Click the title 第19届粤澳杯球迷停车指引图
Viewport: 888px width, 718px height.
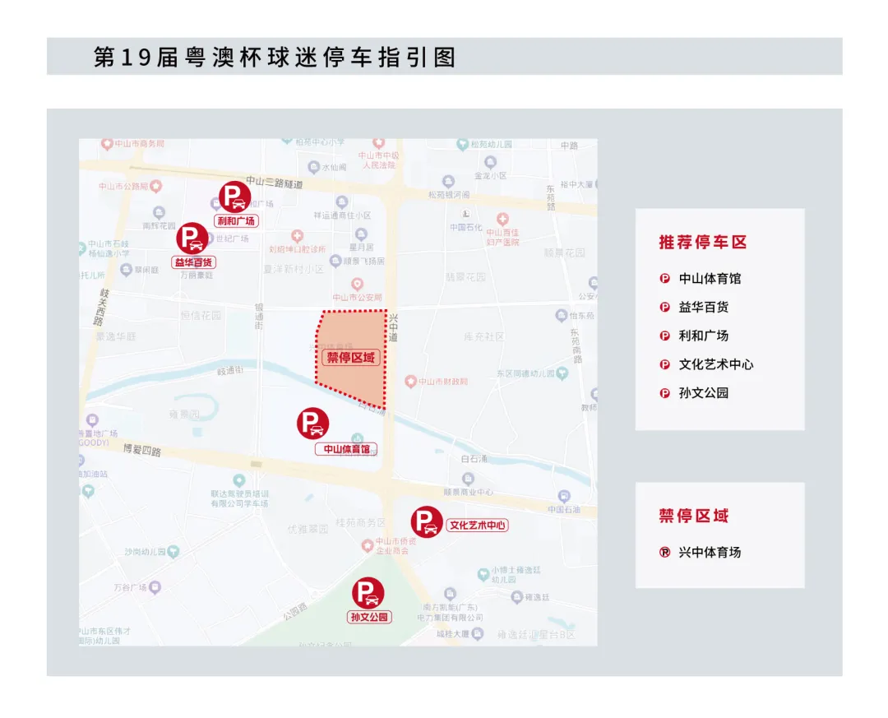[275, 57]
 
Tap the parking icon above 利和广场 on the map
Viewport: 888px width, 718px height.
[235, 197]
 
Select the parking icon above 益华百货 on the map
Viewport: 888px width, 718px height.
[192, 239]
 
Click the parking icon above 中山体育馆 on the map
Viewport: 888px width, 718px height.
[313, 424]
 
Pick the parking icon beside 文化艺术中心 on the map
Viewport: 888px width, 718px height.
[427, 522]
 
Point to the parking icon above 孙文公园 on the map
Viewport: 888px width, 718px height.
[368, 594]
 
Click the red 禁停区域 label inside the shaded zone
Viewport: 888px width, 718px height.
[350, 357]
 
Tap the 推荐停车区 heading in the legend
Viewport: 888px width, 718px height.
[703, 242]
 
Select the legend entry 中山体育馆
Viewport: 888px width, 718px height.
[710, 278]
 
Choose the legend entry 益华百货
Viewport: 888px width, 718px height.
[704, 307]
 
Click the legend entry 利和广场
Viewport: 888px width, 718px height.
[704, 336]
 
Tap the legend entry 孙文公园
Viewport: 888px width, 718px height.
[704, 393]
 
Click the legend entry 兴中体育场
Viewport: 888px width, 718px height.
[710, 552]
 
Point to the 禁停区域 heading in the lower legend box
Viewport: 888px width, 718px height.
[694, 516]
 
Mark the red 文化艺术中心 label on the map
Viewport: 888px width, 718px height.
[477, 526]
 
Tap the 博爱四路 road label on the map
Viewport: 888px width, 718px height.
[141, 451]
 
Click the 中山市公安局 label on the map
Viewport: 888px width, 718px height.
[357, 297]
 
